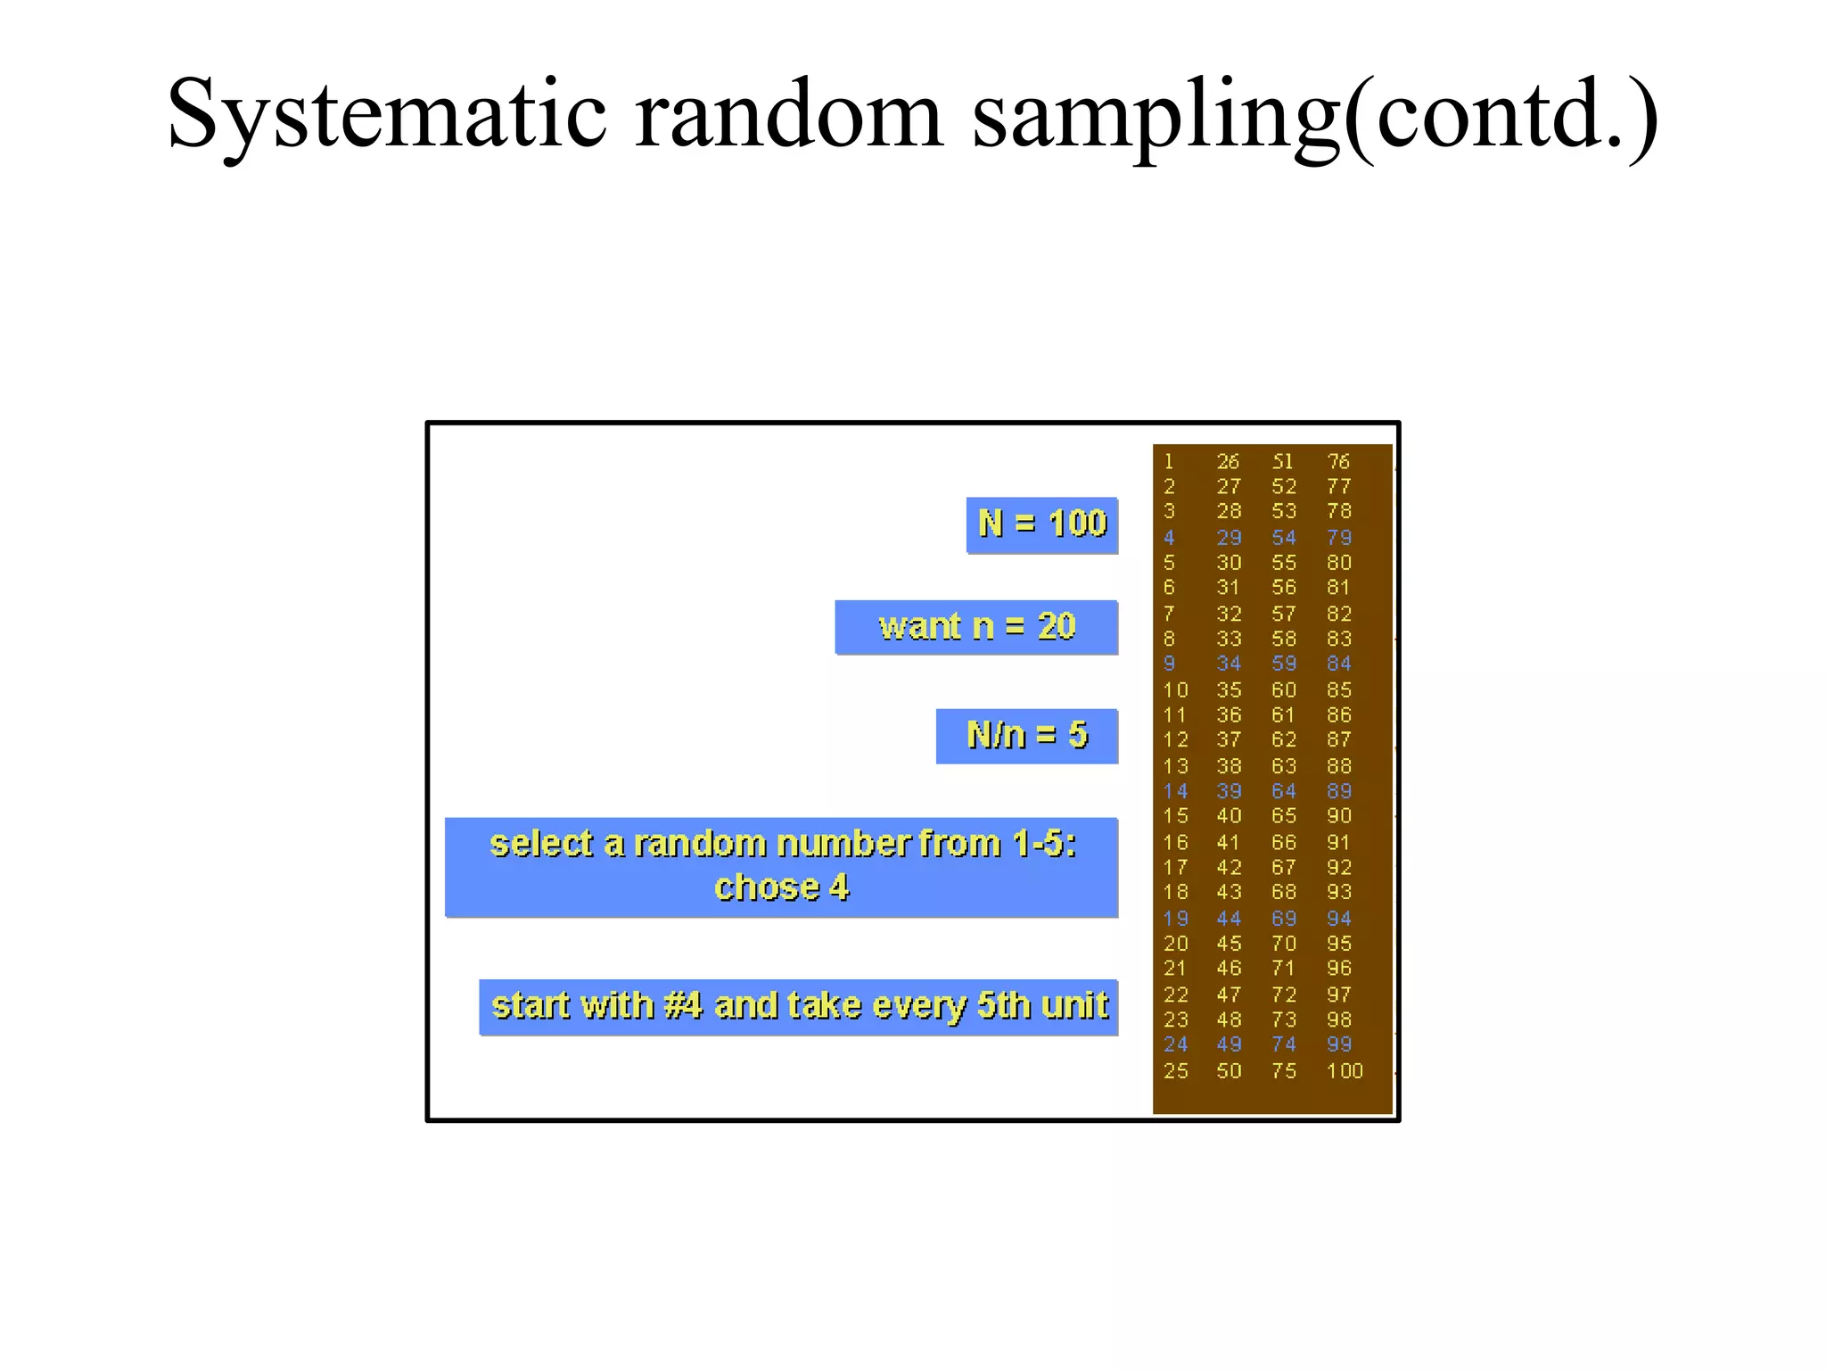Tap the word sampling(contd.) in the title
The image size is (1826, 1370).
(1314, 116)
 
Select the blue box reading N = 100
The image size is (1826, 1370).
(1041, 524)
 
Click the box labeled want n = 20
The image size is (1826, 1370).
(976, 627)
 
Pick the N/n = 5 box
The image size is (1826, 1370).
(1026, 736)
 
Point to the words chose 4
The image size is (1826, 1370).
(781, 888)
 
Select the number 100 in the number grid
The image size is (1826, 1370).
(1345, 1071)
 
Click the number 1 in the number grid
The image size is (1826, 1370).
(1169, 462)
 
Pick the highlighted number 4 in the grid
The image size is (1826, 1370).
(1169, 538)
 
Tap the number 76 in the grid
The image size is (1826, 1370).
(1338, 462)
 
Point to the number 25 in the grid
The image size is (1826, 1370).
(1175, 1071)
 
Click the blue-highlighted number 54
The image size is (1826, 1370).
(1284, 538)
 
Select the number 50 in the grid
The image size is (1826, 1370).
(1229, 1071)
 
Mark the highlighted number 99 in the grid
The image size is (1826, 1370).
(1338, 1044)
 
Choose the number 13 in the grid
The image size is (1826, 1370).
(1175, 766)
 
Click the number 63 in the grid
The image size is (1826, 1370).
(1284, 766)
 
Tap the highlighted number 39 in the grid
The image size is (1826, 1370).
(1229, 791)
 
